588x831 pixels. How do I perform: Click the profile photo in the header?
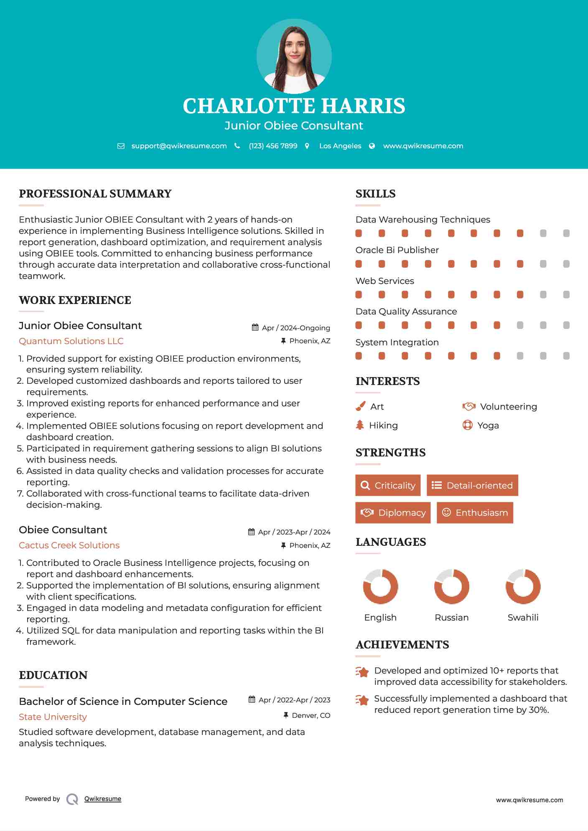coord(294,56)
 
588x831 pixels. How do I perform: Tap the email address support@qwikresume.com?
coord(179,146)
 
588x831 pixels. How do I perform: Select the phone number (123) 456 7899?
coord(273,146)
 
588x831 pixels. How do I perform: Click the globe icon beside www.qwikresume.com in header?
coord(372,146)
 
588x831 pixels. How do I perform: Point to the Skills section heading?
coord(375,194)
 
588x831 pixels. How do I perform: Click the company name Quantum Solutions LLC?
coord(71,341)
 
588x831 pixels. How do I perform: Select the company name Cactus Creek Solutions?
coord(69,545)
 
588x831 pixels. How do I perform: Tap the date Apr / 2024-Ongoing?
coord(296,328)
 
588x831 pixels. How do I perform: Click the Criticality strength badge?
coord(388,485)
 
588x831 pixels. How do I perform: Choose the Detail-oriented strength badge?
coord(472,485)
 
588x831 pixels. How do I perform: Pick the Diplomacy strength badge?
coord(393,513)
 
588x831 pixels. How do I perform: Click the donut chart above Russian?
coord(451,586)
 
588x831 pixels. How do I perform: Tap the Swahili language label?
coord(523,618)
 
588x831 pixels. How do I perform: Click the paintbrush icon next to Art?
coord(360,406)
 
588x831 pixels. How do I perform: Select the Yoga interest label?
coord(488,426)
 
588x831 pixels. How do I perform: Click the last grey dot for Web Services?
coord(566,295)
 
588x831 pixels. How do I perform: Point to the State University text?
coord(53,717)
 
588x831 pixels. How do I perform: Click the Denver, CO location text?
coord(311,715)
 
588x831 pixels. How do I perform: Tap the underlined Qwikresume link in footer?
coord(103,799)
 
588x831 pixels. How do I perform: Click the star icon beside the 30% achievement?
coord(362,700)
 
